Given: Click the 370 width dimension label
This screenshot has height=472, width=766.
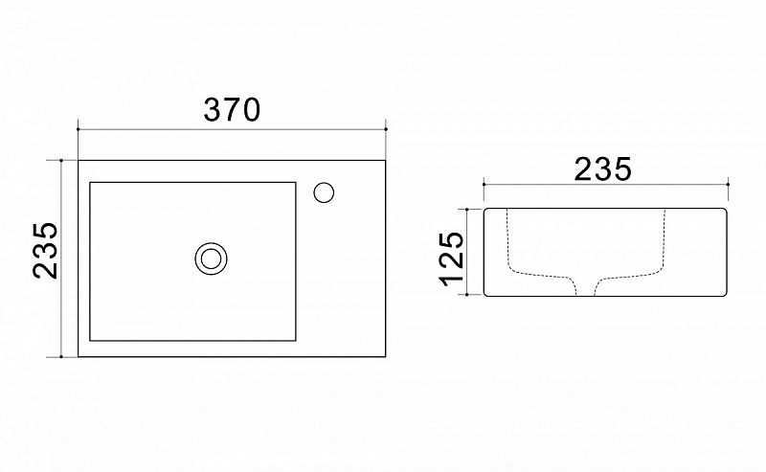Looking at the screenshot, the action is pyautogui.click(x=232, y=109).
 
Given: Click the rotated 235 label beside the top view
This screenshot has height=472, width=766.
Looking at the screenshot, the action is pyautogui.click(x=45, y=250).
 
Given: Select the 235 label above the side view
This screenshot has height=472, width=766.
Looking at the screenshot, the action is pyautogui.click(x=603, y=169).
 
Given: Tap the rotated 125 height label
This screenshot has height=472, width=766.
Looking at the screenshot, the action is pyautogui.click(x=451, y=258).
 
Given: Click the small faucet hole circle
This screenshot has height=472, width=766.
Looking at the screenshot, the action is pyautogui.click(x=324, y=192).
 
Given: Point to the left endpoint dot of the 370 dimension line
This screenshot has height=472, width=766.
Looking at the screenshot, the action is pyautogui.click(x=79, y=129).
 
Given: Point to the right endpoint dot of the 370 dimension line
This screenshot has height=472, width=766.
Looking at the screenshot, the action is pyautogui.click(x=386, y=129).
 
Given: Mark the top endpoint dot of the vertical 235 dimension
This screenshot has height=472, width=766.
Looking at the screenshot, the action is pyautogui.click(x=61, y=160).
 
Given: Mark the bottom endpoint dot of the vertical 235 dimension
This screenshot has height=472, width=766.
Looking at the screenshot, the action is pyautogui.click(x=61, y=357).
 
